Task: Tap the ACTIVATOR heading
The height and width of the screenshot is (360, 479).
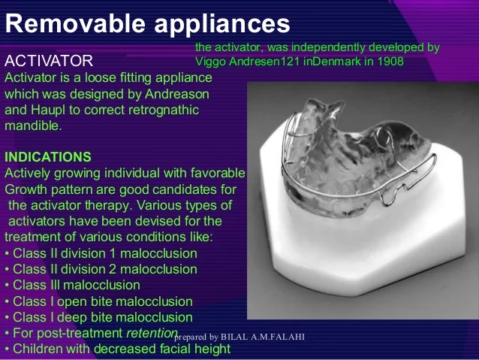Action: (49, 59)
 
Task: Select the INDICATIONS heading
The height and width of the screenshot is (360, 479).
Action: (48, 156)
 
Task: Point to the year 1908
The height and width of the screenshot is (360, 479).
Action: (389, 61)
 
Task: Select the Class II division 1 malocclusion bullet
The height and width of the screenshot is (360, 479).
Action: (101, 253)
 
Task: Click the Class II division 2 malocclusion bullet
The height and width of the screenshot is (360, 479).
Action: (101, 269)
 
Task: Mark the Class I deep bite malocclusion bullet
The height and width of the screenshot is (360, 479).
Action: (98, 317)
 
